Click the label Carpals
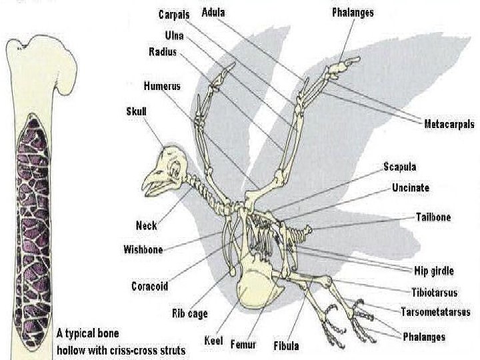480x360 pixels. coord(174,14)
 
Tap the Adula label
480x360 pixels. coord(213,13)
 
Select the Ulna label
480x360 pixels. coord(174,35)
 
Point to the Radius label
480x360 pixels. coord(162,52)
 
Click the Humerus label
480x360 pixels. coord(162,86)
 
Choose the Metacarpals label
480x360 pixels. coord(449,123)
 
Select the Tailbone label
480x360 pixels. coord(433,217)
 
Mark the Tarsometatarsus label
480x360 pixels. coord(435,311)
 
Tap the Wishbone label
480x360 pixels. coord(143,250)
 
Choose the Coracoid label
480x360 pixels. coord(149,287)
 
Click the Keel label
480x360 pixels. coord(214,341)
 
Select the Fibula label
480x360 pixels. coord(286,346)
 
